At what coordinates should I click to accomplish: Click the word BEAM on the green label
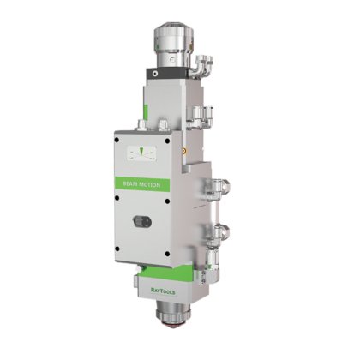[130, 184]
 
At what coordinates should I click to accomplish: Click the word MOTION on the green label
[150, 185]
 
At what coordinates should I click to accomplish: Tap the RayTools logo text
[163, 291]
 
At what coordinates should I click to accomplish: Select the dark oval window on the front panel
[142, 221]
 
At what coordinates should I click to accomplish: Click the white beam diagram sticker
[141, 154]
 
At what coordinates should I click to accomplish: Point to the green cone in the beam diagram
[141, 151]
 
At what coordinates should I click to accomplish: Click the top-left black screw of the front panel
[117, 140]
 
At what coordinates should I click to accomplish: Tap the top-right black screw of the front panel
[167, 141]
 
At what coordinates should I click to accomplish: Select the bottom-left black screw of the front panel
[117, 249]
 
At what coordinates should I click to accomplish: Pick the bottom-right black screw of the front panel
[167, 254]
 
